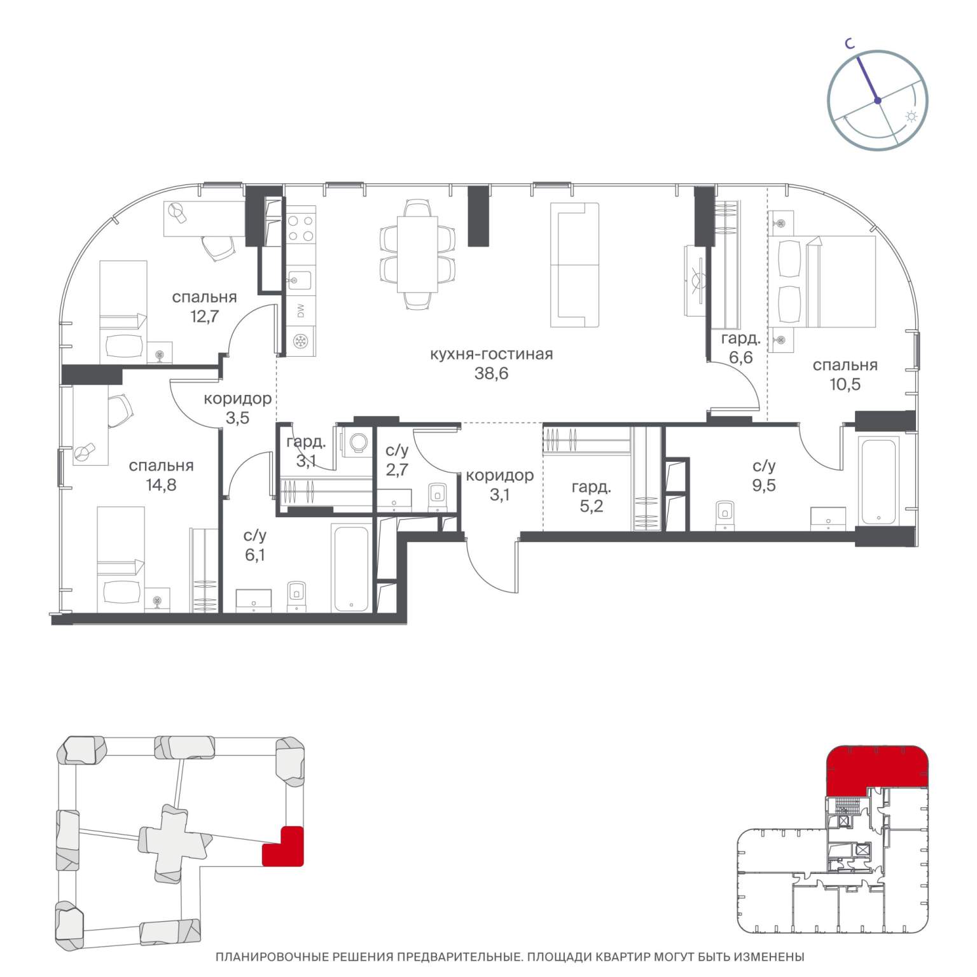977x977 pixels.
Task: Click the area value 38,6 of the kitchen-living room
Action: [491, 373]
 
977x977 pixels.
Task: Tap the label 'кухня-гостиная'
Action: [491, 354]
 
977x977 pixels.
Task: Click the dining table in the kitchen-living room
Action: [417, 254]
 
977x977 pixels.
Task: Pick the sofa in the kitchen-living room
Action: [575, 265]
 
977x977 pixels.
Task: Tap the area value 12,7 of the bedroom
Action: [204, 316]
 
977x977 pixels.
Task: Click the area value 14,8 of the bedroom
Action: [161, 485]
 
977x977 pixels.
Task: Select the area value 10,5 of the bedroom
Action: [845, 384]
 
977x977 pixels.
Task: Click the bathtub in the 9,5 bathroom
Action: [878, 480]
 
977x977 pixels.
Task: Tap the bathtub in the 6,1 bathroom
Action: [350, 567]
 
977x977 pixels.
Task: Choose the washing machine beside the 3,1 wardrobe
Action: [356, 441]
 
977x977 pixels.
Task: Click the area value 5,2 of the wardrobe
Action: [592, 506]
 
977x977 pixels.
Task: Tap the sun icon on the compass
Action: [911, 117]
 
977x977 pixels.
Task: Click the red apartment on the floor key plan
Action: [875, 769]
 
